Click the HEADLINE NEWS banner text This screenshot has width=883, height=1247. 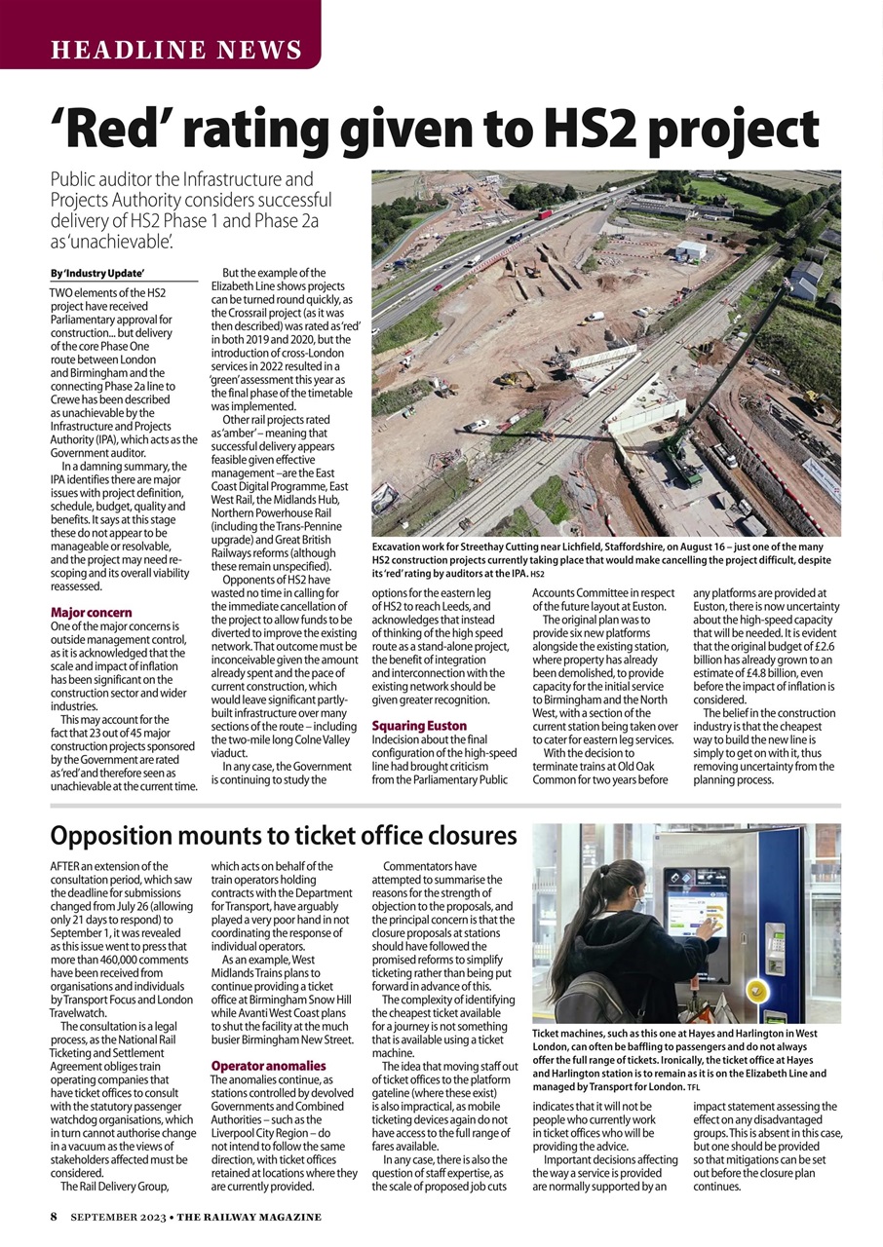tap(176, 50)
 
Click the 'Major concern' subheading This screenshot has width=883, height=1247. tap(91, 612)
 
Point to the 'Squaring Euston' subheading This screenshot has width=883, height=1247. tap(419, 726)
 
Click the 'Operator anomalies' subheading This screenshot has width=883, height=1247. tap(268, 1066)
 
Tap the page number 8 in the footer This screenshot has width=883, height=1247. tap(55, 1217)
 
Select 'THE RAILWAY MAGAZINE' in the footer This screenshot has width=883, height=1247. tap(250, 1217)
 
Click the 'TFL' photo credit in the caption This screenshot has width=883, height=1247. tap(693, 1086)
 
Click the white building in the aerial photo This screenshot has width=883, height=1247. tap(690, 250)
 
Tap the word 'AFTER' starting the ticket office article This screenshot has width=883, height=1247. tap(67, 866)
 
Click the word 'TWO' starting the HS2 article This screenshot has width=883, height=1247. tap(63, 292)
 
